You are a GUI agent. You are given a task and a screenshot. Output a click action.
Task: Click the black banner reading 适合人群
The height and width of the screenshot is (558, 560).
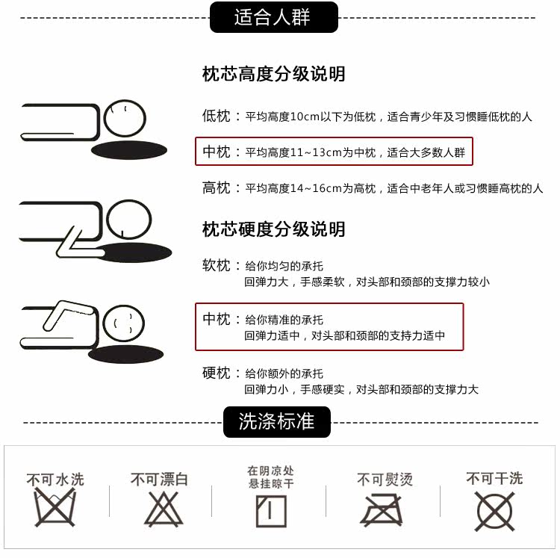(x=273, y=17)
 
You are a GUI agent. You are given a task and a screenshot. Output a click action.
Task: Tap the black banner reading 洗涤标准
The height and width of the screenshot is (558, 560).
(x=277, y=422)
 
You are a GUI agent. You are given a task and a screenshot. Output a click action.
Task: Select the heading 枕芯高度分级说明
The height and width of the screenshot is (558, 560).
(x=273, y=74)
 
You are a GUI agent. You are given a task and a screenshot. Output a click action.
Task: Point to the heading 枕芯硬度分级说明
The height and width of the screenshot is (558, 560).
(x=273, y=229)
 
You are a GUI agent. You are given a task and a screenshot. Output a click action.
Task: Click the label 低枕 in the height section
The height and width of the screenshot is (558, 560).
(x=217, y=116)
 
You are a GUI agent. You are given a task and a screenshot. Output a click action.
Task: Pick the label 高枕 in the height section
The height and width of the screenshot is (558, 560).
(x=217, y=188)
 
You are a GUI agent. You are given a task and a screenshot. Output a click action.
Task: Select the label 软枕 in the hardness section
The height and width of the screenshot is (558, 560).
(x=217, y=265)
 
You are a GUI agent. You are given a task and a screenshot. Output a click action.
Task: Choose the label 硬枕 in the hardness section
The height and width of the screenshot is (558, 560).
(x=217, y=373)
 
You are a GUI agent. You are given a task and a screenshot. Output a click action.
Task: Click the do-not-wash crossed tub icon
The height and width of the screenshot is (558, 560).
(x=55, y=508)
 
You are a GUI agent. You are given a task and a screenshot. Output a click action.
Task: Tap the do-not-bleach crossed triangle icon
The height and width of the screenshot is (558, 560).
(x=164, y=509)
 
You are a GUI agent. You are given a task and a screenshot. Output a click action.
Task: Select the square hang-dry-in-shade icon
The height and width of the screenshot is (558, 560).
(x=272, y=512)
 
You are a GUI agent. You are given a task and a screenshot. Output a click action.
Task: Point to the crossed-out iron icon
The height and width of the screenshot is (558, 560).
(x=382, y=509)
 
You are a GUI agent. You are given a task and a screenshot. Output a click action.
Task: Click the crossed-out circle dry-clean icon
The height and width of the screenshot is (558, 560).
(x=494, y=511)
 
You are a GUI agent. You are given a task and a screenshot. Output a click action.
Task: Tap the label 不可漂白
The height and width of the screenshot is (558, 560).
(x=159, y=479)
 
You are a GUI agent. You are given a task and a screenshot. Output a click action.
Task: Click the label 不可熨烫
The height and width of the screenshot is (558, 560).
(x=385, y=479)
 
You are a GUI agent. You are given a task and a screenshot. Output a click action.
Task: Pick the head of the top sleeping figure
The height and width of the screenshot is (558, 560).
(x=125, y=118)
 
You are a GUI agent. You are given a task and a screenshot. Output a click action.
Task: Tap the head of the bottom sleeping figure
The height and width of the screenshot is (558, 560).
(x=123, y=323)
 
